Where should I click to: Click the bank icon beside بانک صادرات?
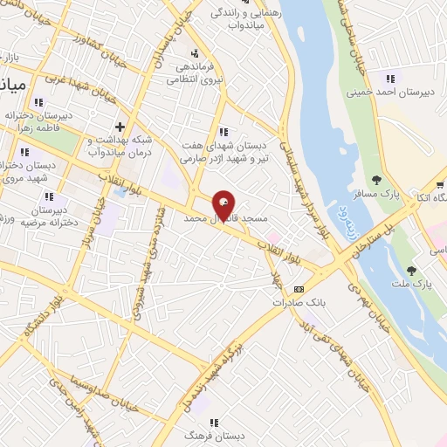(x=299, y=288)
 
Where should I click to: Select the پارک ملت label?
(x=423, y=285)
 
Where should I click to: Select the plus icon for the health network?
(x=120, y=126)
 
